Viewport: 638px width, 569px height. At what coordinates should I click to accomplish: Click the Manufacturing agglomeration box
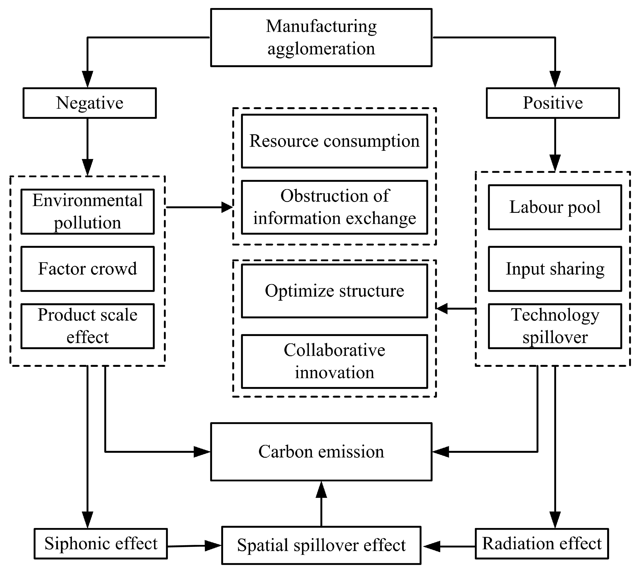click(321, 38)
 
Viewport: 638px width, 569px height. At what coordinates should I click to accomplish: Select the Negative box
click(89, 103)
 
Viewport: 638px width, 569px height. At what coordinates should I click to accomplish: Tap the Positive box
click(553, 103)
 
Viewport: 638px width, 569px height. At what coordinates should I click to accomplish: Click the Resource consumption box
click(334, 141)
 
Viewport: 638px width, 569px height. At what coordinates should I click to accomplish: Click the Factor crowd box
click(88, 269)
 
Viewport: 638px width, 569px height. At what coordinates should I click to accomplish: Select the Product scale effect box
click(88, 326)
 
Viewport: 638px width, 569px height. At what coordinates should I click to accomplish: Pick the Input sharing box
click(555, 269)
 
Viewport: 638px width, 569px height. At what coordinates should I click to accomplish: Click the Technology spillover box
click(555, 326)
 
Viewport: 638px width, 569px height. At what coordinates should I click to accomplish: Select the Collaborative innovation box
click(334, 361)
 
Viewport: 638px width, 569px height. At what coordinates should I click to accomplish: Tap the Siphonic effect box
click(101, 544)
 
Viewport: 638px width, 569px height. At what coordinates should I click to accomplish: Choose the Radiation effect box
click(542, 544)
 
